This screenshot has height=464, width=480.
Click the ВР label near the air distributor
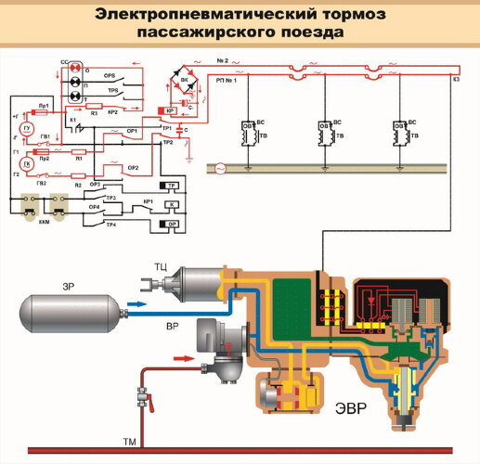coord(172,329)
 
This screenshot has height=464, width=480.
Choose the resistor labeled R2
coord(79,186)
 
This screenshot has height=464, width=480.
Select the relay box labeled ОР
coord(173,224)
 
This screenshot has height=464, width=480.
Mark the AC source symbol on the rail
coord(220,169)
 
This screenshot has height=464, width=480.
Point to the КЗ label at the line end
coord(457,80)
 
